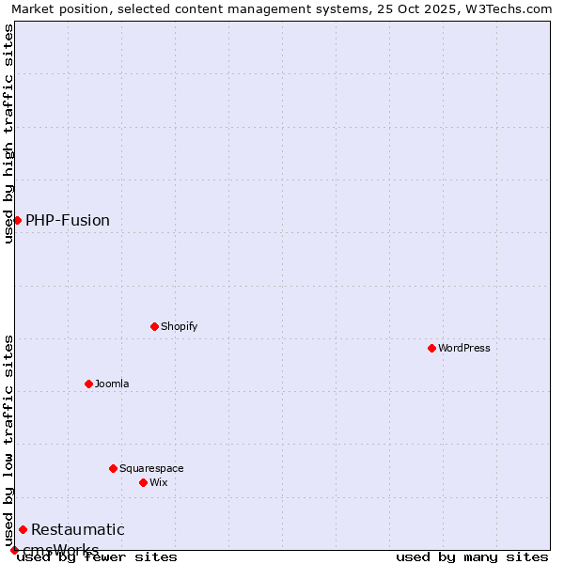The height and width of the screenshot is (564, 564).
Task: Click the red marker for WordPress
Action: (x=431, y=348)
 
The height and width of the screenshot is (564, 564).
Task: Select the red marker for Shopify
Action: (x=154, y=326)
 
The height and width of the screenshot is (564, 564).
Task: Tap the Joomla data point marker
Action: (x=88, y=384)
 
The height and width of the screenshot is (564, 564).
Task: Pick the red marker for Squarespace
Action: (x=113, y=468)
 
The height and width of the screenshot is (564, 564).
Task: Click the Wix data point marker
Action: (x=143, y=482)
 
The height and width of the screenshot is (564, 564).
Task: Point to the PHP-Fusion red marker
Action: (x=17, y=220)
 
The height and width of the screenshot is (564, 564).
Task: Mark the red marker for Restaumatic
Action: (x=23, y=529)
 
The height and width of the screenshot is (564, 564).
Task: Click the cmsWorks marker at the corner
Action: (x=14, y=550)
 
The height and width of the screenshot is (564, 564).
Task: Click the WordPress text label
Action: (x=464, y=349)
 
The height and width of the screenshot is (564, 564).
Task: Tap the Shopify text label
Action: (x=179, y=327)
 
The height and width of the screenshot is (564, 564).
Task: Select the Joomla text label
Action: (x=112, y=384)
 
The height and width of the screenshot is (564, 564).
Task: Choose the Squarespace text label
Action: (x=151, y=469)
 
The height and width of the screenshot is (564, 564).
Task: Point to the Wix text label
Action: (x=158, y=483)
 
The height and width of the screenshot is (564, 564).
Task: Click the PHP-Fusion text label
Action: (x=68, y=221)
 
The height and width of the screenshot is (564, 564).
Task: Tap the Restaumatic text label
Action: (x=78, y=530)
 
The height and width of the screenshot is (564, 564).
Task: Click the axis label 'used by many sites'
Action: (x=472, y=557)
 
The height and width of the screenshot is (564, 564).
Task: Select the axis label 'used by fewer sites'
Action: (x=98, y=557)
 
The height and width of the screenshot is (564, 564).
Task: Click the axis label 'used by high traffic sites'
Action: (x=8, y=133)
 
